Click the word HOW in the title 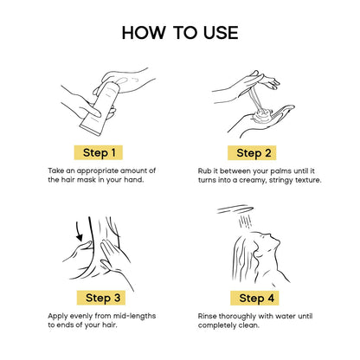[x=144, y=32]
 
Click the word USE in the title [x=221, y=32]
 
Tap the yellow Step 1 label [x=99, y=152]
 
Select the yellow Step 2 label [x=252, y=153]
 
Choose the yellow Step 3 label [x=101, y=298]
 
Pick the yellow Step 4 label [x=254, y=298]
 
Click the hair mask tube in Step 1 [x=100, y=108]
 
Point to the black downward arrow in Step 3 [x=79, y=232]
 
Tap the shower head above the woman [x=235, y=209]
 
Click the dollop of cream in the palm [x=262, y=114]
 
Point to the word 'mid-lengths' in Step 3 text [x=134, y=316]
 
